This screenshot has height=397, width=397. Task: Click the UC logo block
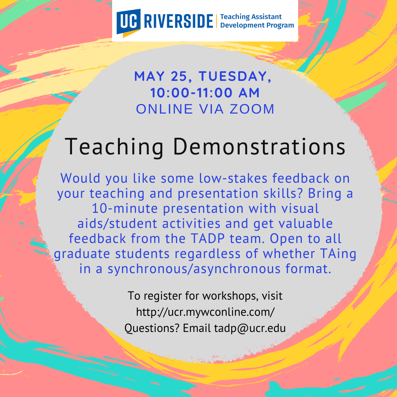[128, 23]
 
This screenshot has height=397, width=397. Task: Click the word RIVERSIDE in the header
[179, 21]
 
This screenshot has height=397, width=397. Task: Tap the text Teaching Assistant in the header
[251, 17]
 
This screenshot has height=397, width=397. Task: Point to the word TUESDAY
[235, 76]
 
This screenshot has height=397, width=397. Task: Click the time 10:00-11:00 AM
[205, 93]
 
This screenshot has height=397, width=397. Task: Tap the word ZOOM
[252, 109]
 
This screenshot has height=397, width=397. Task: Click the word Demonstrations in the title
[259, 146]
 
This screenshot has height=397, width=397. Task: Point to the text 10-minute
[125, 209]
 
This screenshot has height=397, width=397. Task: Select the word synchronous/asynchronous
[194, 269]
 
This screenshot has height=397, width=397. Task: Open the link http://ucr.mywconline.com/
[205, 312]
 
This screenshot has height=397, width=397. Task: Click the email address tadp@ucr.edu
[250, 328]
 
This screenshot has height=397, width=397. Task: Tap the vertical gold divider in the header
[217, 21]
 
